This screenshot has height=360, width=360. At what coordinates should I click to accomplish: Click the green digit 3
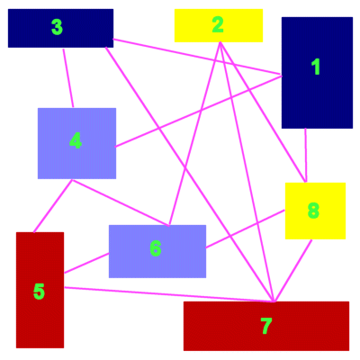tap(57, 27)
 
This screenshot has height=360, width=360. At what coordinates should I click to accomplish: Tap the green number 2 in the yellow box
tap(218, 25)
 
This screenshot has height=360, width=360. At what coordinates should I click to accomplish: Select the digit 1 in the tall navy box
tap(316, 67)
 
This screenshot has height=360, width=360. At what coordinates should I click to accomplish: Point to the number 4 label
tap(76, 140)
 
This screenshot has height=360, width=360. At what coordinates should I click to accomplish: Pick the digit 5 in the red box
tap(39, 292)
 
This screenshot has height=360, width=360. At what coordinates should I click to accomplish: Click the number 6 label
tap(156, 248)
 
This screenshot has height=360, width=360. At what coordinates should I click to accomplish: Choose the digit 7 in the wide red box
tap(266, 326)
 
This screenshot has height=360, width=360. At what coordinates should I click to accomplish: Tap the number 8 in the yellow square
tap(313, 211)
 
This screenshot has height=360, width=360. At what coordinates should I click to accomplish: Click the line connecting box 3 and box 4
tap(68, 78)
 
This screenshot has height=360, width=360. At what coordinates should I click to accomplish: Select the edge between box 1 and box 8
tap(306, 155)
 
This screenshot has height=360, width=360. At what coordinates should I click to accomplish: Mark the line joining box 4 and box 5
tap(53, 206)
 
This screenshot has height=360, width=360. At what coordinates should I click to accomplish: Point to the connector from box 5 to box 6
tap(86, 263)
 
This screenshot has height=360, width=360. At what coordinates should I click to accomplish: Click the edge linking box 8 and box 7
tap(293, 270)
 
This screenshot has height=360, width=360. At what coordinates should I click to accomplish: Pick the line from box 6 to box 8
tap(245, 229)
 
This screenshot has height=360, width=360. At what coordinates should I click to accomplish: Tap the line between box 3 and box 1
tap(197, 56)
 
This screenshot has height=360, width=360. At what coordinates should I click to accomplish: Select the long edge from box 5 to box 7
tap(169, 294)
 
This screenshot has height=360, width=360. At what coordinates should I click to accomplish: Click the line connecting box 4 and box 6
tap(121, 202)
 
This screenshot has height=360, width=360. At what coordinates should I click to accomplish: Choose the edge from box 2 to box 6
tap(194, 133)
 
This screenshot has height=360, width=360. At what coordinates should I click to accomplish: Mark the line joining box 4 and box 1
tap(199, 112)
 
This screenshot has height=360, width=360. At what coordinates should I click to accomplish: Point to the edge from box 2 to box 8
tap(263, 112)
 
